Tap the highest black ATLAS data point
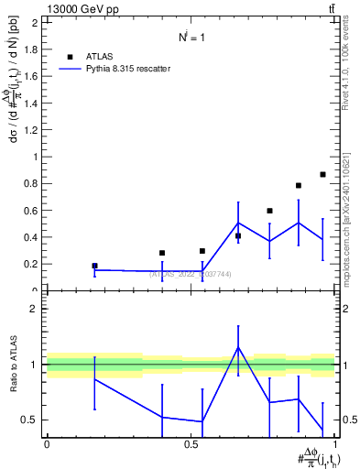coord(322,174)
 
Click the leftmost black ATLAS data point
coord(94,266)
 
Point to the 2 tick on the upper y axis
coord(36,22)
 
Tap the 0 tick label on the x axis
coord(47,443)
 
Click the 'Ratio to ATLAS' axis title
coord(13,364)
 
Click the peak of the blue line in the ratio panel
coord(238,347)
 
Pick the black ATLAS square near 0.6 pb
coord(269,211)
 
